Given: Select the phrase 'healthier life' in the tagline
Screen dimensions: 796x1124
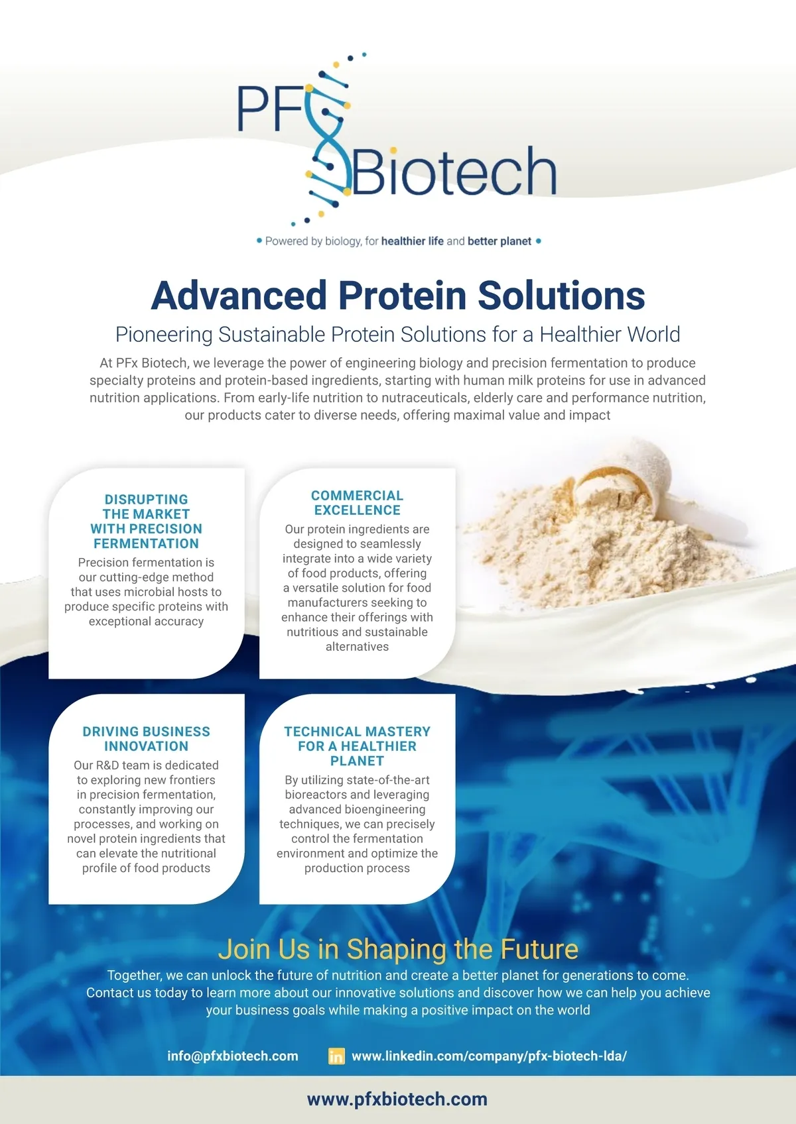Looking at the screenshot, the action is point(413,241).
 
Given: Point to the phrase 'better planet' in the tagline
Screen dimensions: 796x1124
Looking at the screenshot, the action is point(499,241).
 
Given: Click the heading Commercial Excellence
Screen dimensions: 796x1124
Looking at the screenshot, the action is point(357,502).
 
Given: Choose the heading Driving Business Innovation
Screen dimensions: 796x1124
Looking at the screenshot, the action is point(146,739).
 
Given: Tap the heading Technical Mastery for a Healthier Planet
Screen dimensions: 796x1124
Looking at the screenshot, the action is point(357,746).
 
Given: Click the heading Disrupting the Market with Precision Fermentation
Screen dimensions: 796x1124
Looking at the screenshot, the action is point(146,521).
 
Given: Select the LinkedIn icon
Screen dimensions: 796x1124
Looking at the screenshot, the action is point(336,1056).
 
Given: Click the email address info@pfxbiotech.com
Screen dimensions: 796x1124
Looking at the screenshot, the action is point(233,1056).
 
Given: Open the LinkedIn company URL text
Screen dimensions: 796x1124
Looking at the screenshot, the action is point(489,1056).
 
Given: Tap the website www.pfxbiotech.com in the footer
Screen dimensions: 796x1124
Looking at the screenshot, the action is point(397,1099).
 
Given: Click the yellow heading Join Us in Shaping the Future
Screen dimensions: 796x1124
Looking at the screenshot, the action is point(398,949).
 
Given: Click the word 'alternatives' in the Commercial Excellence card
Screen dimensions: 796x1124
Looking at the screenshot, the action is point(357,646).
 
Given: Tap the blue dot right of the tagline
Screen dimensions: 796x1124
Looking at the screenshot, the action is point(539,241).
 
